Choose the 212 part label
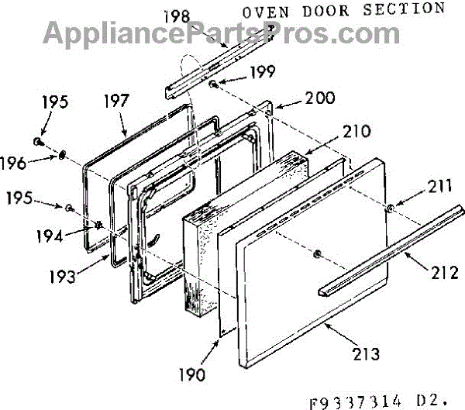(x=444, y=272)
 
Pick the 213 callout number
(x=364, y=354)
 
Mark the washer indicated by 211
(x=391, y=208)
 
